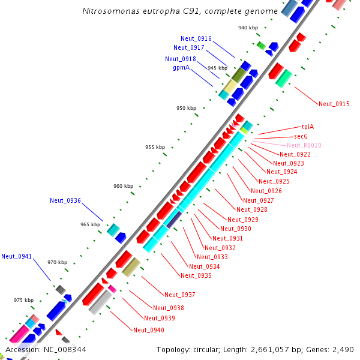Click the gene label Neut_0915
334,104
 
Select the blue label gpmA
181,68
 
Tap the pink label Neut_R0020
304,145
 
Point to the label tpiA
308,127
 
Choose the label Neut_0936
65,200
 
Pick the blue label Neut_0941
16,256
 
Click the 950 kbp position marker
186,108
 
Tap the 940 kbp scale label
248,28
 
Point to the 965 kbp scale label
90,224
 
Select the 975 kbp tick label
24,300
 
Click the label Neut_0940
148,330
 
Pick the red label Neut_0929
243,219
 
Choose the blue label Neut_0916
196,38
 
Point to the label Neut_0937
180,295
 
